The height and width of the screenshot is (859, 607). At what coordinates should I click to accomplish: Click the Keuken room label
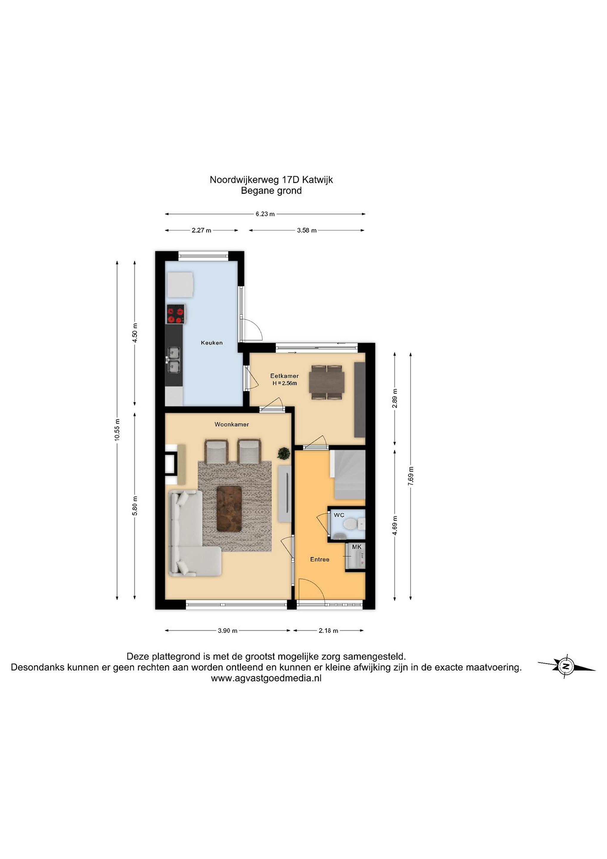coord(212,343)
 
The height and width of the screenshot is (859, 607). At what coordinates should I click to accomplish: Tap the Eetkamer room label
coord(285,376)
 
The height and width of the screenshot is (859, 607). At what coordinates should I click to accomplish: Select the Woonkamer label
coord(232,424)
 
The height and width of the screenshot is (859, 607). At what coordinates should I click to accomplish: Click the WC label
coord(339,515)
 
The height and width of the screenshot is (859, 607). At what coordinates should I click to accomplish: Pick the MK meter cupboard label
coord(357,547)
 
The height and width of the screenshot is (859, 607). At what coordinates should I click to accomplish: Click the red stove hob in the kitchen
coord(176,314)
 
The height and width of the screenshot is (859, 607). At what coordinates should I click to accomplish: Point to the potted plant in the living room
coord(284,453)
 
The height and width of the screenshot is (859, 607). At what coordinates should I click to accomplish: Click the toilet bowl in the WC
coord(350,524)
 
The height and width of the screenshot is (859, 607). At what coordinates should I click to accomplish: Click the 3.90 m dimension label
coord(228,631)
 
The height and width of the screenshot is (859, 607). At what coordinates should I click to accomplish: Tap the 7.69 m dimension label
coord(411,476)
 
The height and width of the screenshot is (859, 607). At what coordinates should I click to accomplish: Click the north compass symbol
coord(566,666)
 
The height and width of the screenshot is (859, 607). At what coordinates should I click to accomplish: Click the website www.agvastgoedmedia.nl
coord(266,678)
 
